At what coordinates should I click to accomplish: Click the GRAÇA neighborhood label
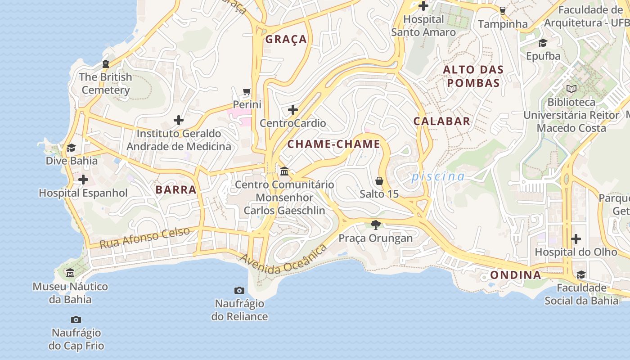pos(286,39)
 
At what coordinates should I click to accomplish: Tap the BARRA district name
pos(176,189)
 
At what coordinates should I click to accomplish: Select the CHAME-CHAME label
pos(333,144)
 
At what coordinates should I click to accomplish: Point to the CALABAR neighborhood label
pos(441,121)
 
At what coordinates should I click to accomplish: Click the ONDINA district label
pos(515,275)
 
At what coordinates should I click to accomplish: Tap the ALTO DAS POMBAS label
pos(473,76)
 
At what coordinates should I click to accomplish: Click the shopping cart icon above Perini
pos(247,92)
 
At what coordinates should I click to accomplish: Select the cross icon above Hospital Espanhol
pos(83,180)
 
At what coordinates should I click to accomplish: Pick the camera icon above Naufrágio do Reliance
pos(239,290)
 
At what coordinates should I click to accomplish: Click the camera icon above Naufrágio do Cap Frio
pos(76,320)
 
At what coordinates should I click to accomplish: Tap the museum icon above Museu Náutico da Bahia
pos(70,273)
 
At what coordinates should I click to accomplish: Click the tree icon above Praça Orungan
pos(375,225)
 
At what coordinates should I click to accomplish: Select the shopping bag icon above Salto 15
pos(379,181)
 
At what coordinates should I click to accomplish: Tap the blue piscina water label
pos(437,176)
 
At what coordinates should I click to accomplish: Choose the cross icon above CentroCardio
pos(293,110)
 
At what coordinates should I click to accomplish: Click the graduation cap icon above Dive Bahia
pos(71,148)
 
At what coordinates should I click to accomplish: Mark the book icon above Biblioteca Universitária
pos(571,89)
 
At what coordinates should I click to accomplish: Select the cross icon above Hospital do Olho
pos(576,239)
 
